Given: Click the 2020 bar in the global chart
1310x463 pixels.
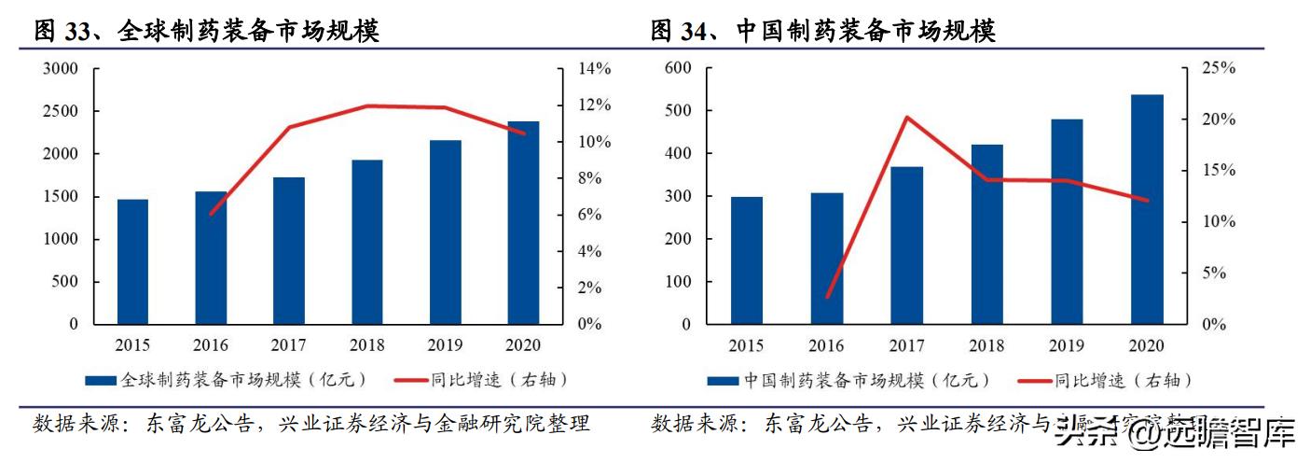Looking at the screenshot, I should click(523, 223).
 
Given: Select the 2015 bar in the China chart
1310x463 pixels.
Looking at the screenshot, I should click(746, 260).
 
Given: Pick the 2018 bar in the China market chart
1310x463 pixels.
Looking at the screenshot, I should click(986, 234).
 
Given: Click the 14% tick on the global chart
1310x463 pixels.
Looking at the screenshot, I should click(594, 69).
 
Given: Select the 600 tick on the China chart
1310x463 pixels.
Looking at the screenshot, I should click(677, 69).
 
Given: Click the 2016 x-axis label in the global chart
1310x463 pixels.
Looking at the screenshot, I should click(211, 345).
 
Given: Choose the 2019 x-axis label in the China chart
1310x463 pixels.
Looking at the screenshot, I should click(1067, 345).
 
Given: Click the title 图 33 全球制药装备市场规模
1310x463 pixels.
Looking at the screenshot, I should click(206, 32).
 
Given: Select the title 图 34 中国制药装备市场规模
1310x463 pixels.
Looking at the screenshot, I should click(823, 32).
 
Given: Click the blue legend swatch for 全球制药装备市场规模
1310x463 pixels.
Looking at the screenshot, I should click(101, 381).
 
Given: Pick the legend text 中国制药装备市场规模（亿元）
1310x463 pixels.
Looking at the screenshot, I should click(866, 381).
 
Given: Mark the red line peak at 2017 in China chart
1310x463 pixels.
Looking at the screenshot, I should click(906, 118).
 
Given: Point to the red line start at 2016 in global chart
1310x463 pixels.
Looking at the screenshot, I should click(211, 215).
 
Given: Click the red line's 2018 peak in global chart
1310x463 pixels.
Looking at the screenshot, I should click(367, 105).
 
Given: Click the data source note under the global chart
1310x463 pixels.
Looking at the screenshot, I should click(311, 425).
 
